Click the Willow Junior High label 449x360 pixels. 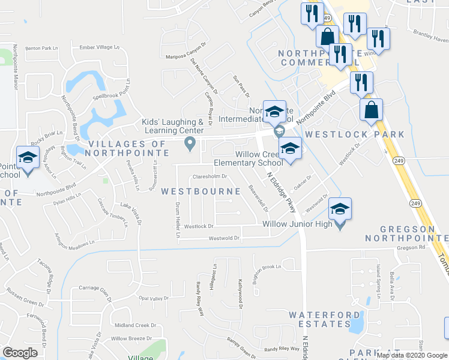(x=297, y=224)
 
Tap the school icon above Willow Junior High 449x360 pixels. (x=340, y=209)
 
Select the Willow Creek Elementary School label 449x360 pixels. (x=248, y=158)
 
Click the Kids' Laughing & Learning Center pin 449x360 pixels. (x=190, y=143)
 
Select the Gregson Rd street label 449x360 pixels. (x=409, y=247)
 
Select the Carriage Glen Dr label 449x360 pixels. (x=95, y=289)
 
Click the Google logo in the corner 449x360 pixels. (x=20, y=352)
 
